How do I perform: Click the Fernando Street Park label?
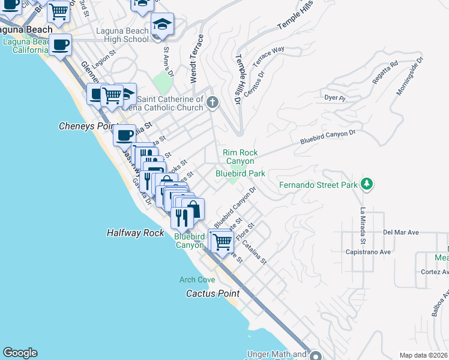318,185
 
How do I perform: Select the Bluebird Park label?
240,173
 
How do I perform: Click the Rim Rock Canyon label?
240,157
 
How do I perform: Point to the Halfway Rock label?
135,233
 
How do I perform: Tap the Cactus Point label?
212,293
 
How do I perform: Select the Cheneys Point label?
86,126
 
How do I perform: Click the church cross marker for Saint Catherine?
212,103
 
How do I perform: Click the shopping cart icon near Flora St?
222,241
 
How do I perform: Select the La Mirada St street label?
363,226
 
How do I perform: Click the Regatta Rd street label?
385,64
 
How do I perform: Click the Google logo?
20,353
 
